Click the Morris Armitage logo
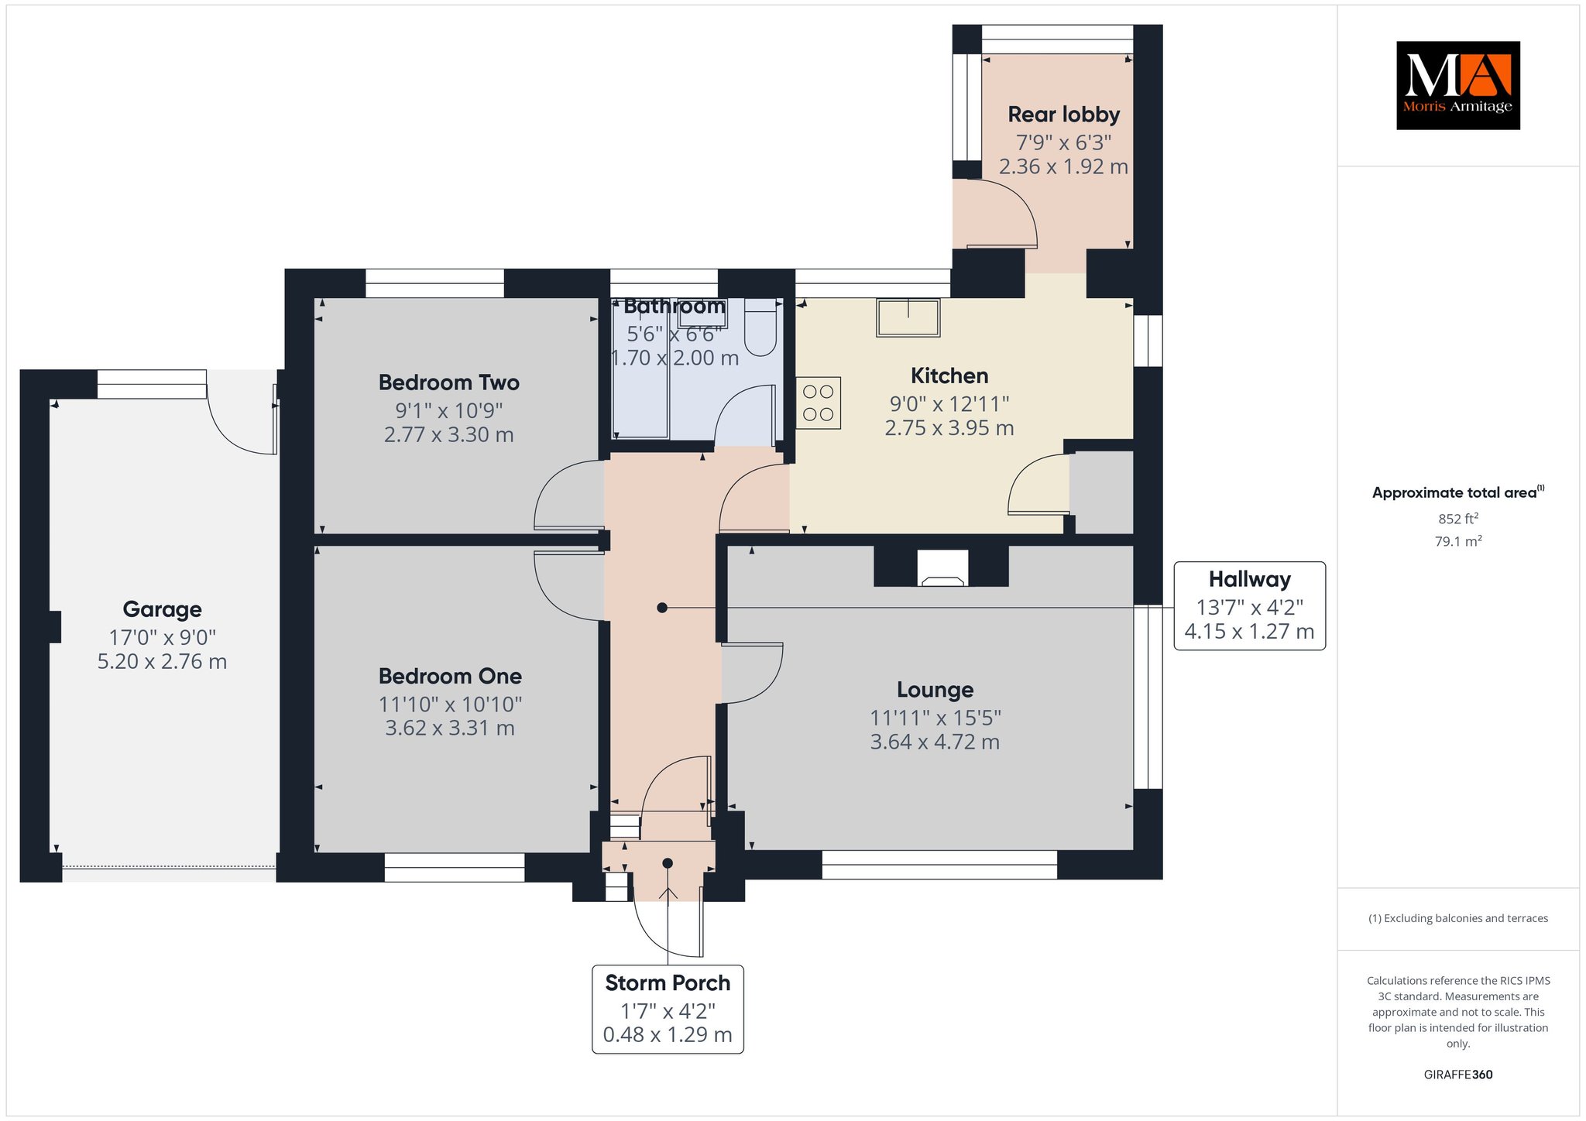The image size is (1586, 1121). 1457,85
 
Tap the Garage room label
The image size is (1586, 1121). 162,610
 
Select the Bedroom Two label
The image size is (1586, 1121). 449,382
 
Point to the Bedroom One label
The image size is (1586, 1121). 450,676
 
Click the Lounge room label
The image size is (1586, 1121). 935,690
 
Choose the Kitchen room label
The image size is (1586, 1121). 949,376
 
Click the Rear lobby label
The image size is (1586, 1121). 1064,115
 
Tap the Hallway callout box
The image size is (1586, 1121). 1250,605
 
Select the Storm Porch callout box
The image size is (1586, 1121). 668,1009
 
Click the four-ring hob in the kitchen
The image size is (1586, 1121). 819,403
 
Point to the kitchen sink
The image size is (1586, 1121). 908,317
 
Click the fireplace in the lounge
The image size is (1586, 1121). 942,567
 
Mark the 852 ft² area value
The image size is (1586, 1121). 1458,519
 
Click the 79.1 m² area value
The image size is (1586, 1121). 1458,541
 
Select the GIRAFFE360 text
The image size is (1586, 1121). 1458,1075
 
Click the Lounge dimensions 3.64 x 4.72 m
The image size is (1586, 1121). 935,742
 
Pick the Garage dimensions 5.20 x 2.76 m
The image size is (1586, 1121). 162,662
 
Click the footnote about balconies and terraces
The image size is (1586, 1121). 1458,918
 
